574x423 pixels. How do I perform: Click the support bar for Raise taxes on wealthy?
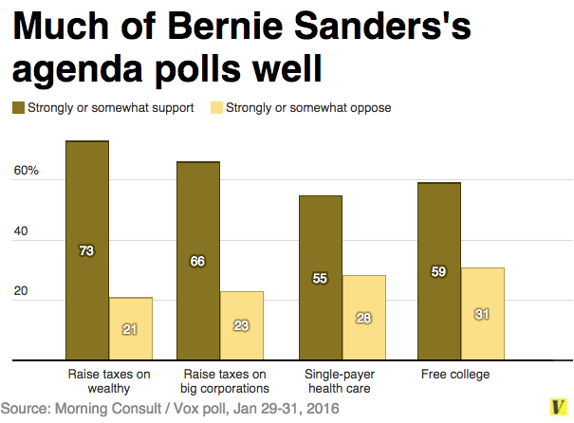click(x=86, y=250)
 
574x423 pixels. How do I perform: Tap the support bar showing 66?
click(x=197, y=261)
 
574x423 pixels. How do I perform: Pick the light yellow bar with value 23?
click(x=242, y=325)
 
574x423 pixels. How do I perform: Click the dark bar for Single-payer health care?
click(x=320, y=278)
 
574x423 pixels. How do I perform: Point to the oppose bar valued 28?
click(x=364, y=318)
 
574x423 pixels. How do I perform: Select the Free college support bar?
click(x=438, y=271)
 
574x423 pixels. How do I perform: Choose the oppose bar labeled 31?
click(x=482, y=314)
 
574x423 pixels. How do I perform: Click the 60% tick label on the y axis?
click(x=26, y=172)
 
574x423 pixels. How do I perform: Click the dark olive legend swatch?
click(x=18, y=108)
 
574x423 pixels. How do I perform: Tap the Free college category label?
click(x=455, y=374)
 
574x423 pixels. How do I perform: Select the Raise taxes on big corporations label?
click(x=224, y=380)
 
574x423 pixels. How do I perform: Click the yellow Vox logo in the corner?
click(x=558, y=407)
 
